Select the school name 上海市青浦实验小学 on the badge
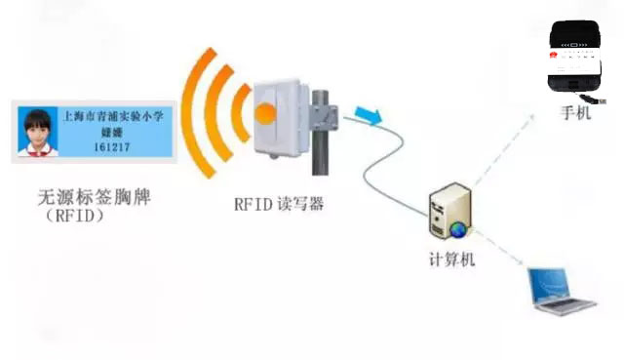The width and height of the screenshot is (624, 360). click(x=111, y=115)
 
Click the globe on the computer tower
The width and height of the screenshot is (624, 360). click(x=458, y=229)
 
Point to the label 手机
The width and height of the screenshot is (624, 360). click(x=575, y=113)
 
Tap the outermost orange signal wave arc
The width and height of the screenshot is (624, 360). click(x=196, y=107)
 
